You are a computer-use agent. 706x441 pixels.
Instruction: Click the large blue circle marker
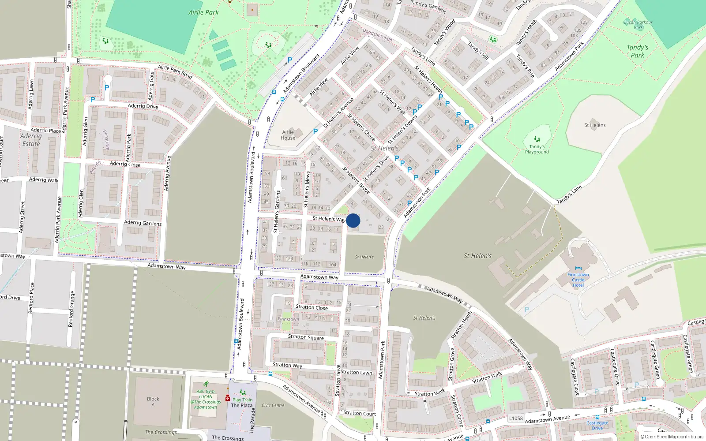[353, 220]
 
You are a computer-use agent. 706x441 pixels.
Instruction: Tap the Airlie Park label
[203, 12]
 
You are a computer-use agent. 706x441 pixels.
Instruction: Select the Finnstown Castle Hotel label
[578, 280]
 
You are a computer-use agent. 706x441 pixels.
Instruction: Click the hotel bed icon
[578, 269]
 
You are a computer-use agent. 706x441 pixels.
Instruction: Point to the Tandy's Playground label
[537, 149]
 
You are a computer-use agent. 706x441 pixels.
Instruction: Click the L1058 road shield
[516, 419]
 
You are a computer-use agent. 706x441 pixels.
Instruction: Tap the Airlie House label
[288, 135]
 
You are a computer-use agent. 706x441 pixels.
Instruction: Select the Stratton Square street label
[306, 337]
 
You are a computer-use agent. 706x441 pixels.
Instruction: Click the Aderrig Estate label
[31, 140]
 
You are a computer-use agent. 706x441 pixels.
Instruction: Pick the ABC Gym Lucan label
[206, 399]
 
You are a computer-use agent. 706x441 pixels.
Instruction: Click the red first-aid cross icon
[228, 398]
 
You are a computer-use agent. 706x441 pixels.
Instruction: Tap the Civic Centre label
[273, 405]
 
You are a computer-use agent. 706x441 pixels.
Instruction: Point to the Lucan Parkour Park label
[638, 25]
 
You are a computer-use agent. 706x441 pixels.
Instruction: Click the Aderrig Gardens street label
[143, 223]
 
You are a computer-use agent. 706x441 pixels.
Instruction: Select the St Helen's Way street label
[329, 219]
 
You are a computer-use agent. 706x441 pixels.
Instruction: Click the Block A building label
[153, 402]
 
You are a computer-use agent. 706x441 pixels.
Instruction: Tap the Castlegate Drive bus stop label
[597, 426]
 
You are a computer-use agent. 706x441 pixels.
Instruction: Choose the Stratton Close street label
[312, 307]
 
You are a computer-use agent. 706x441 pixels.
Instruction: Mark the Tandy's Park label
[637, 51]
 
